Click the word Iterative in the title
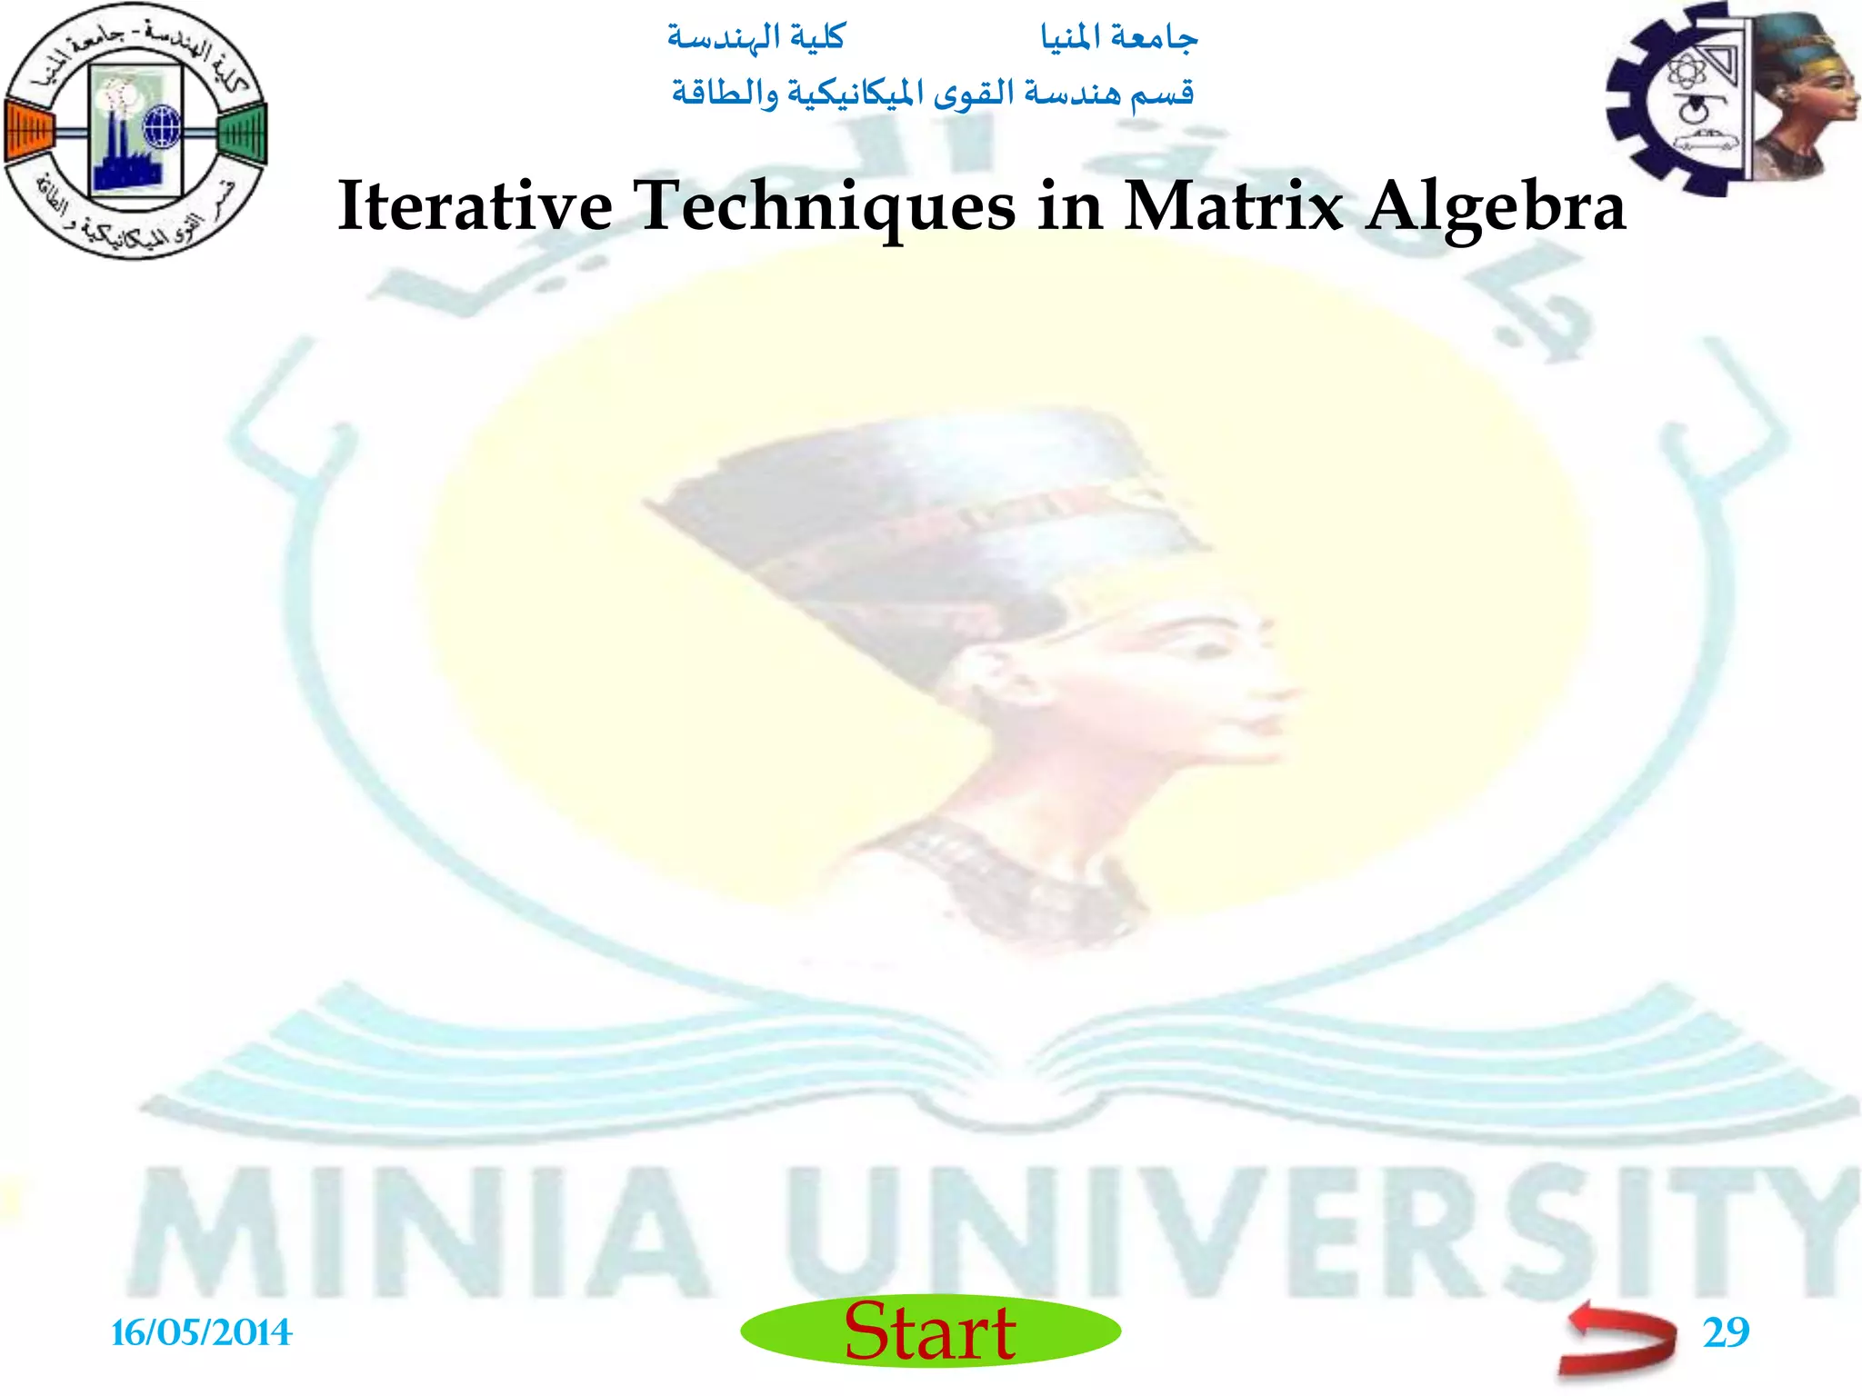(475, 206)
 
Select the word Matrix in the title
(1233, 206)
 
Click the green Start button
(930, 1331)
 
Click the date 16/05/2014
(201, 1333)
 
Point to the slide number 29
(1726, 1332)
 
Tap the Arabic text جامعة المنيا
(1119, 37)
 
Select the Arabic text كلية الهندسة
(756, 37)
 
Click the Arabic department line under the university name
(933, 94)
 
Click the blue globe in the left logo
(162, 126)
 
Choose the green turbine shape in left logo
(243, 134)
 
